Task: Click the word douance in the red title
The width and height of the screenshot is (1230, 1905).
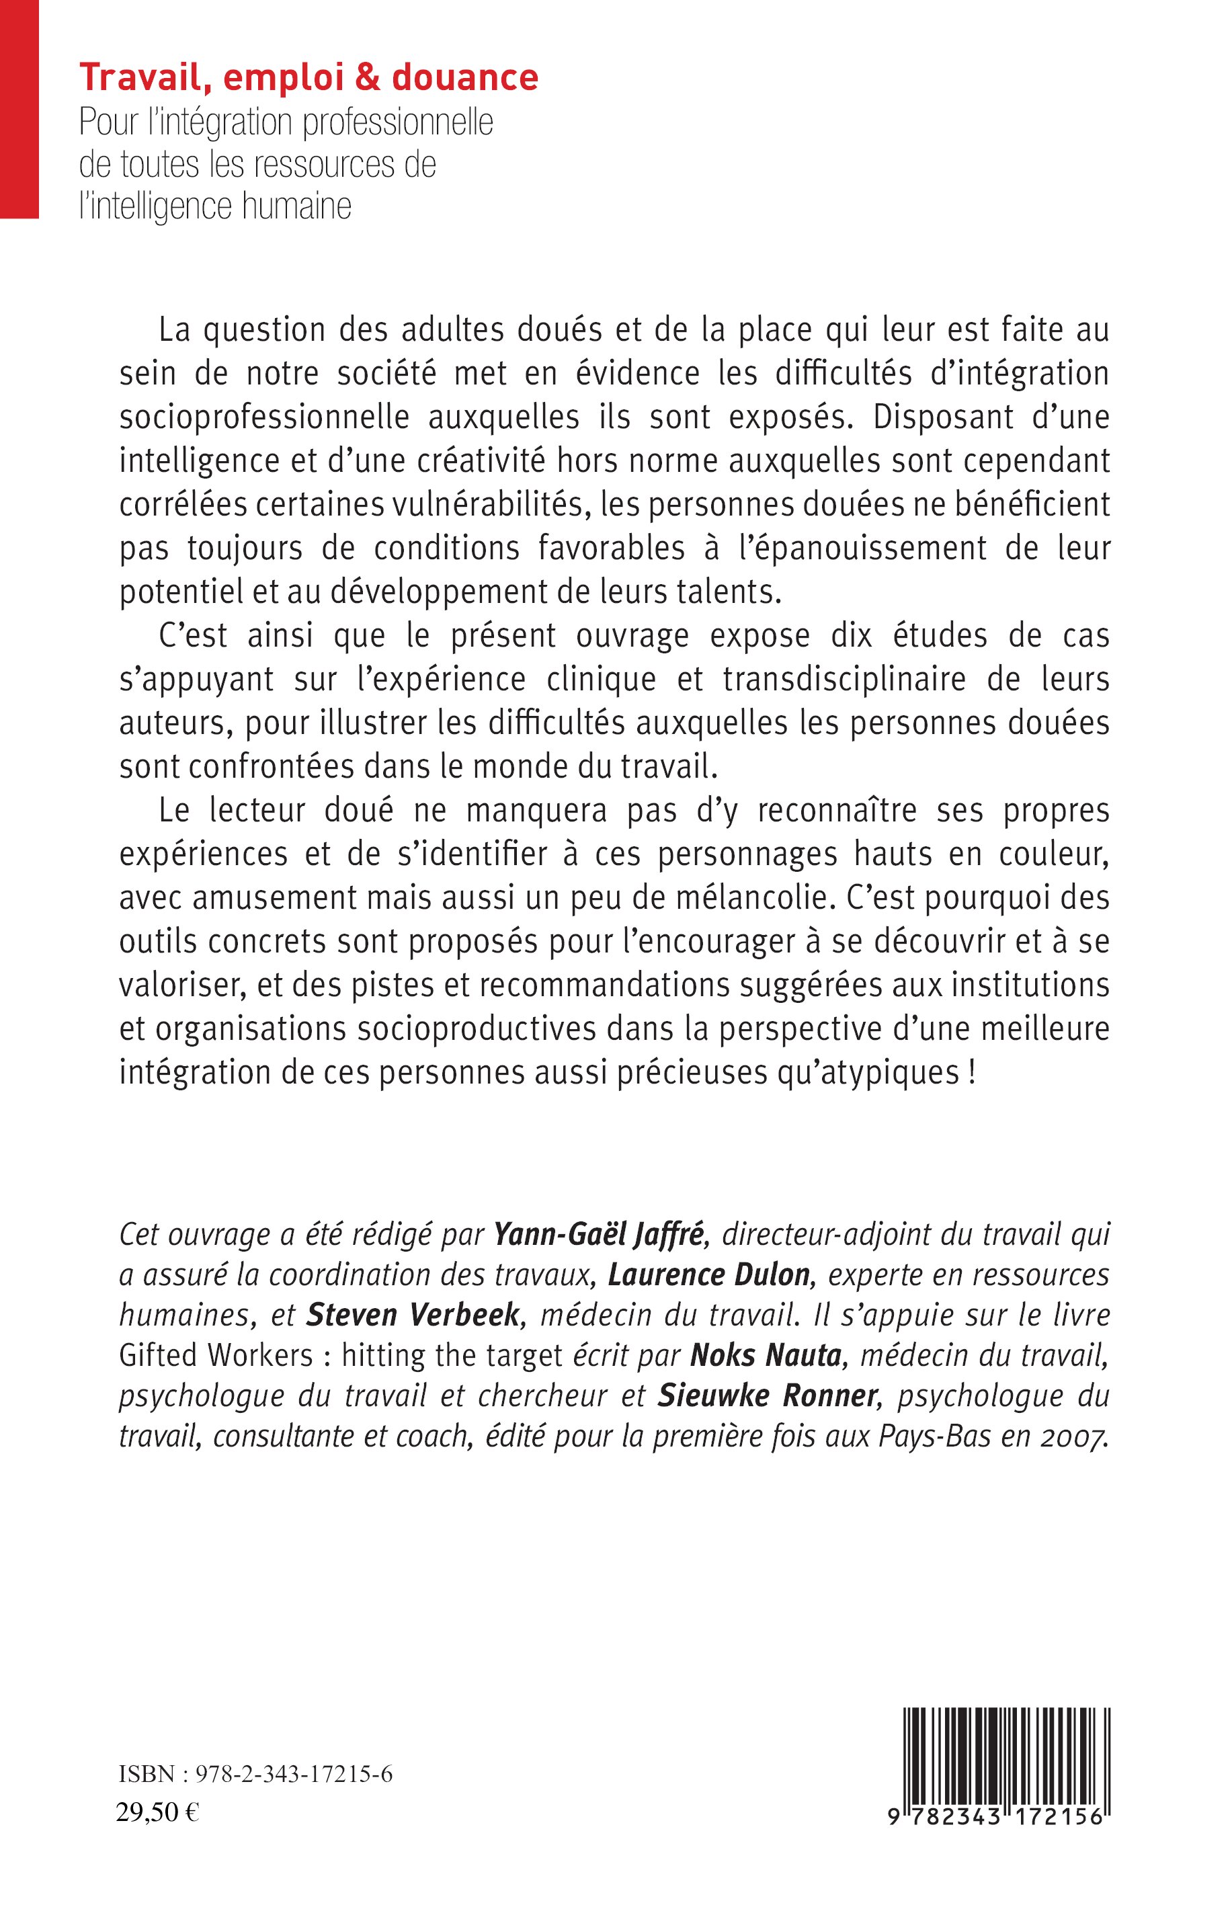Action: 465,78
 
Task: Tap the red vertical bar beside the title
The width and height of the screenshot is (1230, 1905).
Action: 19,109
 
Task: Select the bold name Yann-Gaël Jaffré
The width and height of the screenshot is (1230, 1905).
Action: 601,1235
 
